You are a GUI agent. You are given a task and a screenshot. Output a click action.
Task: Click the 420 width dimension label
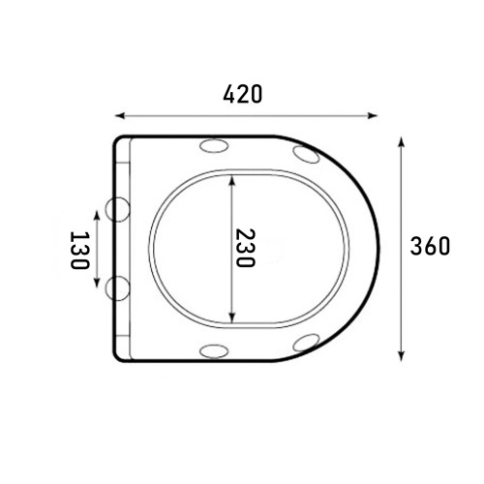(243, 94)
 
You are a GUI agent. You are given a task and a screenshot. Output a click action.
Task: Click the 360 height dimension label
(430, 246)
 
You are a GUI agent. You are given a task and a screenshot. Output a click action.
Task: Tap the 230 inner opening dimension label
(245, 248)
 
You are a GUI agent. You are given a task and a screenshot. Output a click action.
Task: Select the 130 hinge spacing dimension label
(79, 250)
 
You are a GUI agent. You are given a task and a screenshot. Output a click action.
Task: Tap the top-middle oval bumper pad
(214, 145)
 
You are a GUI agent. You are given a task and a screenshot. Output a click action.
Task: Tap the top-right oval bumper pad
(307, 154)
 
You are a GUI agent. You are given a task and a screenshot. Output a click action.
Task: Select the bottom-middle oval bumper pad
(214, 350)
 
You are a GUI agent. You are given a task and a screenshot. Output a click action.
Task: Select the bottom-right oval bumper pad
(307, 343)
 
